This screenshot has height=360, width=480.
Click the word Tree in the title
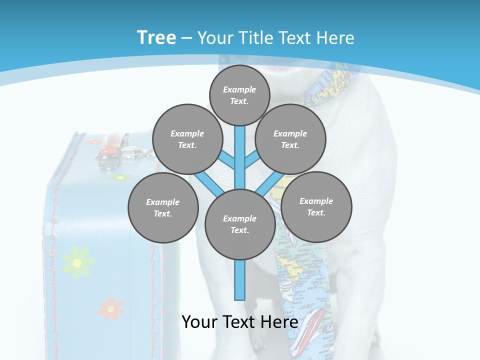point(156,37)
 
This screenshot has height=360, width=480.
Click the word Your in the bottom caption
point(200,321)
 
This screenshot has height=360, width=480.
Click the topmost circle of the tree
point(239,95)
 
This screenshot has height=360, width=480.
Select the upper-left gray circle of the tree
point(187,139)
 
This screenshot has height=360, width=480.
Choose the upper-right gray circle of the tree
point(290,139)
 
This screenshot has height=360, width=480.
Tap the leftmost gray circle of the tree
point(163,207)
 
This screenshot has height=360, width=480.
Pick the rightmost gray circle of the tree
point(316,206)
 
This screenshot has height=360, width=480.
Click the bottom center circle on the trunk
point(240,224)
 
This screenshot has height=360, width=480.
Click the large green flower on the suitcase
point(77,261)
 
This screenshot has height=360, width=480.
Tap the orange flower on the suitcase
point(110,308)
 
